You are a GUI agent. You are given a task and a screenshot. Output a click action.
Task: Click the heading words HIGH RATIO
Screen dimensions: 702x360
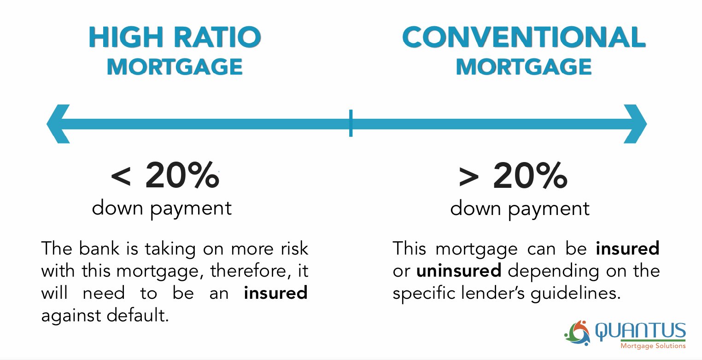click(x=175, y=37)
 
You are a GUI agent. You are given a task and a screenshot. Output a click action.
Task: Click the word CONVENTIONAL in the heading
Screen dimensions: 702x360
click(x=524, y=37)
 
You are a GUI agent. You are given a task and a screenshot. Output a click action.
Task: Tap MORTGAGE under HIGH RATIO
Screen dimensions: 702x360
click(x=175, y=67)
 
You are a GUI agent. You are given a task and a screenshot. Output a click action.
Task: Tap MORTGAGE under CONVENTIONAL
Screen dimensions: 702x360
click(x=524, y=67)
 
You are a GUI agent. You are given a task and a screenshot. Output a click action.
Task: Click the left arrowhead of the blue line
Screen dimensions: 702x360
click(x=58, y=124)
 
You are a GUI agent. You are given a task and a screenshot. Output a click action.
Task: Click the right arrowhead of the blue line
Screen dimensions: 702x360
click(x=635, y=124)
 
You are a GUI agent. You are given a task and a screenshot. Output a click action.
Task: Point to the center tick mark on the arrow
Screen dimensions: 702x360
click(x=351, y=123)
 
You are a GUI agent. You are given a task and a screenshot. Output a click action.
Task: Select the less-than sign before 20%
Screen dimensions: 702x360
click(x=121, y=177)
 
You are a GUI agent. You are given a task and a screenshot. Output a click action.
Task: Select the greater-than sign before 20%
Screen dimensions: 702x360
click(x=469, y=177)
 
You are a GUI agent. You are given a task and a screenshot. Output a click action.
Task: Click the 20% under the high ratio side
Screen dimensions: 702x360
click(x=182, y=175)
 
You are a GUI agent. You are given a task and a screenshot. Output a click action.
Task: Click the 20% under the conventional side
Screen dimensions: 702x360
click(x=530, y=175)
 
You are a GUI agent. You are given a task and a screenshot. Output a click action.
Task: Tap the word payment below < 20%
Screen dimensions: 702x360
click(x=191, y=209)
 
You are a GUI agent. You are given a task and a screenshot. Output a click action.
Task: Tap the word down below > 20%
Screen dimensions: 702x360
click(x=476, y=208)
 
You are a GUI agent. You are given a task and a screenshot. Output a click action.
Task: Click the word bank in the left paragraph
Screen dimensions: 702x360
click(x=99, y=249)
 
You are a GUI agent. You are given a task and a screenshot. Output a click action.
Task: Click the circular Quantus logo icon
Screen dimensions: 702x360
click(x=578, y=333)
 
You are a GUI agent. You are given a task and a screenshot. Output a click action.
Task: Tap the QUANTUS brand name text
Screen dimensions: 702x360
click(x=641, y=331)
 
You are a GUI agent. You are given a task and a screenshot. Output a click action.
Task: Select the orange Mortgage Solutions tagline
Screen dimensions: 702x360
click(x=653, y=346)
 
